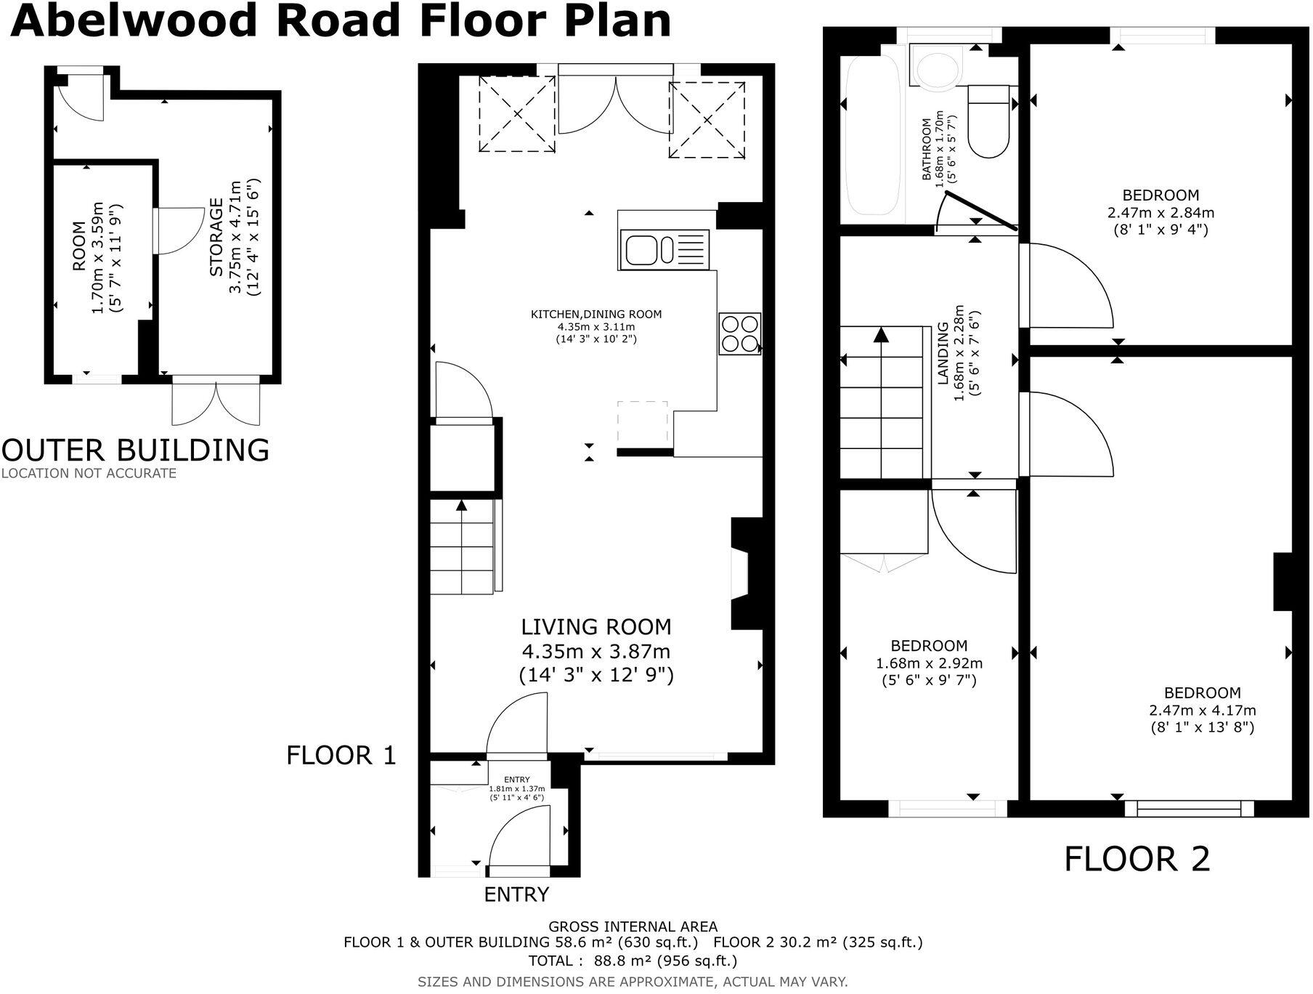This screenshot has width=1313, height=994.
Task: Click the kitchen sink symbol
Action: pos(664,249)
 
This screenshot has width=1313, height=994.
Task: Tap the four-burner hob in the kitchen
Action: pos(740,334)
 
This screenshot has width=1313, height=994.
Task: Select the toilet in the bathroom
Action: pos(988,121)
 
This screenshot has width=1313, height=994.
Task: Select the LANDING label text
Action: pos(943,353)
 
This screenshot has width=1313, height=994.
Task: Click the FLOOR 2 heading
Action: pos(1137,859)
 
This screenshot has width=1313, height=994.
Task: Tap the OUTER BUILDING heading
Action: pos(135,450)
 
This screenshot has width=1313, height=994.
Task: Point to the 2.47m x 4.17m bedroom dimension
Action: pos(1203,711)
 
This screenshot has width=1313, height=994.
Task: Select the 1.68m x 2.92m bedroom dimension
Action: pos(930,663)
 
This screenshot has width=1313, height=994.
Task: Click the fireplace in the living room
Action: pos(746,573)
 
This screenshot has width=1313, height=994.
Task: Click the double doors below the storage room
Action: pos(216,401)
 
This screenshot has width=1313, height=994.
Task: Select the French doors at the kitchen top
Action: pos(615,102)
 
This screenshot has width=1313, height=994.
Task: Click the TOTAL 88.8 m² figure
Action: pos(633,961)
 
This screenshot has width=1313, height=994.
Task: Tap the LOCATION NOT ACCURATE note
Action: pos(89,473)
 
